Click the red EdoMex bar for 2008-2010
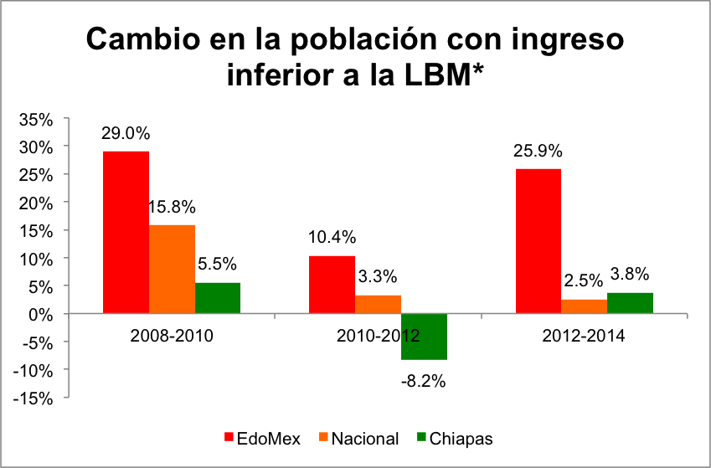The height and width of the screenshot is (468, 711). (x=126, y=232)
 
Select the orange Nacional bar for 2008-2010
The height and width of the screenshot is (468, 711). (x=172, y=269)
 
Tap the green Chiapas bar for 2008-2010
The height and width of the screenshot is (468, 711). (x=218, y=298)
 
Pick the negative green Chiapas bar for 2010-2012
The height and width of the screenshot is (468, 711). (x=424, y=337)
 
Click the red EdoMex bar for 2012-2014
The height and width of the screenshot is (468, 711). (x=538, y=241)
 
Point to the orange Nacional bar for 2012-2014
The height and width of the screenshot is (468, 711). (x=585, y=306)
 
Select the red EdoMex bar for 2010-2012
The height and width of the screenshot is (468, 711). (x=332, y=285)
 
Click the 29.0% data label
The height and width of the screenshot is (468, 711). (x=126, y=133)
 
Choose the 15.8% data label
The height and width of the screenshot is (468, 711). (x=173, y=207)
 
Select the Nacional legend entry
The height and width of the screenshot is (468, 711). (x=358, y=438)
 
